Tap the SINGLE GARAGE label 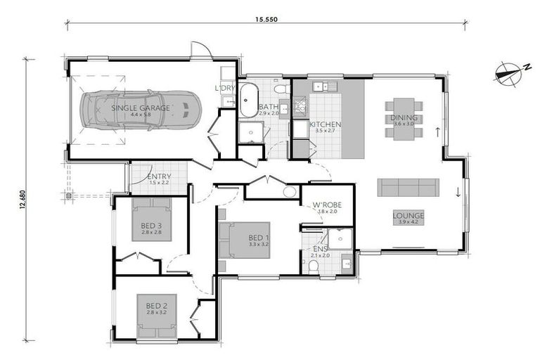click(141, 108)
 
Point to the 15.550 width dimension click(267, 20)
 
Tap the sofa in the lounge click(408, 187)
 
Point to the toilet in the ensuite click(314, 266)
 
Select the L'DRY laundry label click(226, 88)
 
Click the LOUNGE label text click(408, 215)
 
